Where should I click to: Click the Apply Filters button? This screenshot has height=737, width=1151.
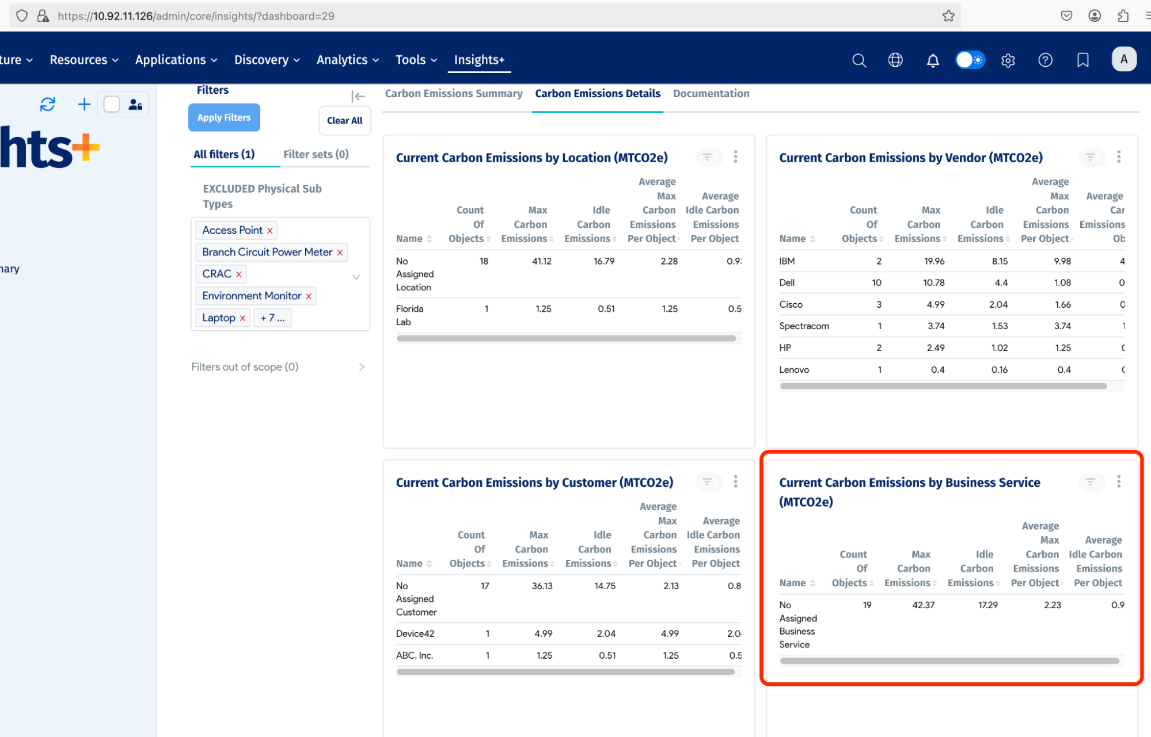224,117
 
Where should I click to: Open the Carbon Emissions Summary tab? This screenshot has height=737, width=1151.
454,93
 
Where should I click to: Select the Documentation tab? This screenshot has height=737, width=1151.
711,93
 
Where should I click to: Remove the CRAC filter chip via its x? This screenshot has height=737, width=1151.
238,274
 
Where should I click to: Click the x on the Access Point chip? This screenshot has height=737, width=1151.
269,231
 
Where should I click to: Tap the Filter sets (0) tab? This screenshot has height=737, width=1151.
316,154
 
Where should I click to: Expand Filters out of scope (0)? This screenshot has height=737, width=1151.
362,367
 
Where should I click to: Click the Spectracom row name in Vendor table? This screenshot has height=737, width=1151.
804,326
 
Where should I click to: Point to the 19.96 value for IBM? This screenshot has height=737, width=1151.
934,261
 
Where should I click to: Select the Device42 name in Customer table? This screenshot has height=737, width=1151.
415,633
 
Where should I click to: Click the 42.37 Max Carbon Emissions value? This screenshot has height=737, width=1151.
923,605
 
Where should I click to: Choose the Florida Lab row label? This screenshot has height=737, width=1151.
409,315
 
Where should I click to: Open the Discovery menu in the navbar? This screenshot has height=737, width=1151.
267,60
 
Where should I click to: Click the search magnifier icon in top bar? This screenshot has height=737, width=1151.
858,60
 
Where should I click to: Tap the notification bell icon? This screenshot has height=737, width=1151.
933,60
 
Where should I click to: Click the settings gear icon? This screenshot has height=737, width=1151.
1008,60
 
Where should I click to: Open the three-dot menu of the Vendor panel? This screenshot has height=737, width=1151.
1119,156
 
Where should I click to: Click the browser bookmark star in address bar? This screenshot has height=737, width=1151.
948,16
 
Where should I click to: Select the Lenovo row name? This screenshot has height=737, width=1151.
794,369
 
